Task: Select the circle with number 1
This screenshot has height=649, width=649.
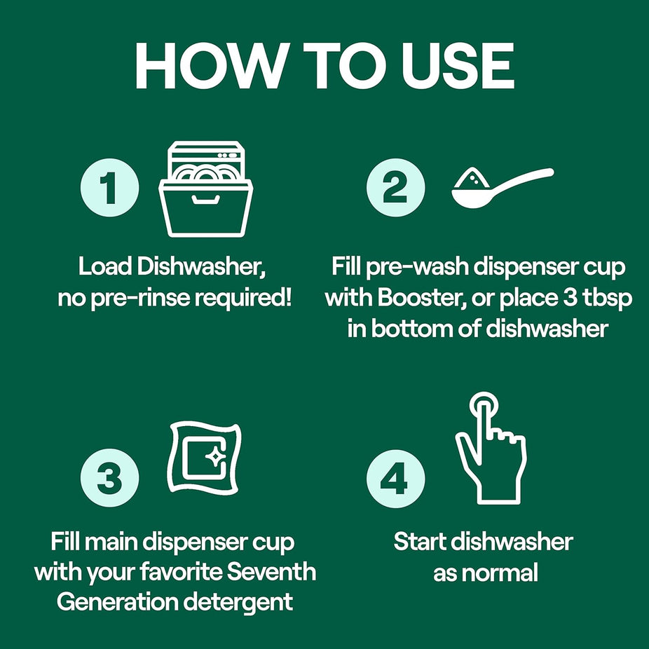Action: coord(109,188)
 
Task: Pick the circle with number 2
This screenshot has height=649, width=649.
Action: coord(395,188)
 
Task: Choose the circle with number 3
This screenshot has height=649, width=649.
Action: coord(109,478)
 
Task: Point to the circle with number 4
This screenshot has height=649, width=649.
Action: coord(395,479)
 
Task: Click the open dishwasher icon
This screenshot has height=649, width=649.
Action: coord(206,189)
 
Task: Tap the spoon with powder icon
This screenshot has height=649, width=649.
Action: coord(502,187)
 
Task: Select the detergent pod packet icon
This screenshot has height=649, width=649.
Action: coord(205,458)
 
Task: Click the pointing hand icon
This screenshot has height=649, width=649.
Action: coord(491,448)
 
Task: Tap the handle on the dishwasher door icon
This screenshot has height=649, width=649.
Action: coord(206,200)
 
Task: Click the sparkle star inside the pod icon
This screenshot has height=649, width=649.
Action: coord(216,456)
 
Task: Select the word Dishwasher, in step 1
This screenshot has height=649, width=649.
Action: coord(200,266)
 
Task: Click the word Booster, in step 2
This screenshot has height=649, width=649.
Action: coord(422,298)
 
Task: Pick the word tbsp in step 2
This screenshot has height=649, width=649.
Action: coord(608,299)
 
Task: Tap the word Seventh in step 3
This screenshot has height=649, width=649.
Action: coord(271,572)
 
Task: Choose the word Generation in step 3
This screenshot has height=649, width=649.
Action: coord(117,602)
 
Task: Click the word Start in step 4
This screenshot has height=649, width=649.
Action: coord(419,541)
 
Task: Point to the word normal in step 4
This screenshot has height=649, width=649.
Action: coord(500,573)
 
